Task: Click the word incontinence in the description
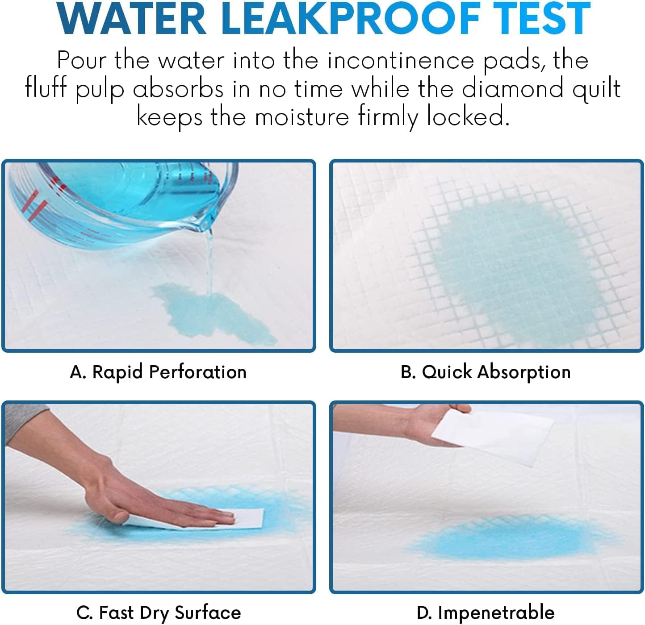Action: (400, 61)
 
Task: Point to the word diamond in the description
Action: (513, 88)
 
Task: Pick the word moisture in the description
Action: (302, 117)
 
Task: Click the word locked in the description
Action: (468, 117)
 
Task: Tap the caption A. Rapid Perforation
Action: (158, 372)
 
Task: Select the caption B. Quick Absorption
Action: (486, 372)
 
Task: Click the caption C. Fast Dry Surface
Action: (159, 612)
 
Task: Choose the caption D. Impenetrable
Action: (486, 612)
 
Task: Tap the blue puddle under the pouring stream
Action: (214, 312)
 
